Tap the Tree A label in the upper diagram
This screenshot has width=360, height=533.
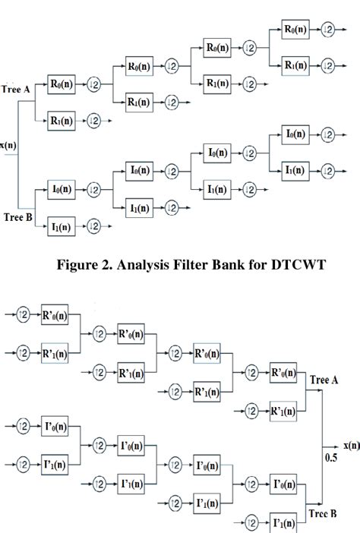pyautogui.click(x=16, y=89)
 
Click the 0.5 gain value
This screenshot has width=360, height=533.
pyautogui.click(x=331, y=459)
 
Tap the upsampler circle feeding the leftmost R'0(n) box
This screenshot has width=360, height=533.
pyautogui.click(x=24, y=313)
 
